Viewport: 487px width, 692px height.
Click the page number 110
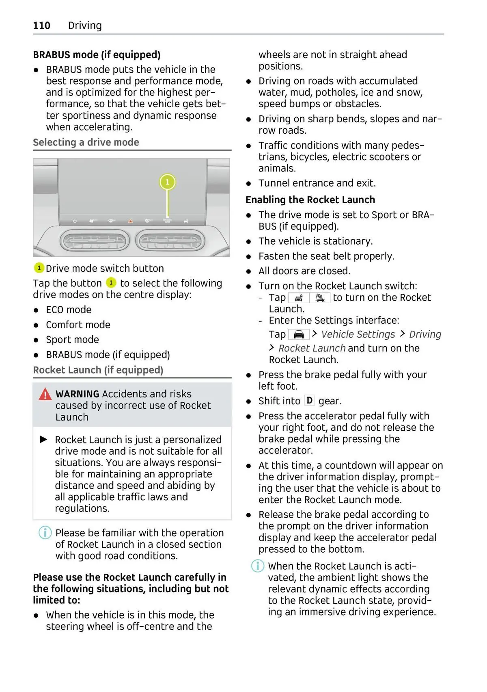41,26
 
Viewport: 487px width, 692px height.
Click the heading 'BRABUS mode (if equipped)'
97,55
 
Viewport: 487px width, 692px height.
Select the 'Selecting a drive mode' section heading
86,142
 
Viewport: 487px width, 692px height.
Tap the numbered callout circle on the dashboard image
167,182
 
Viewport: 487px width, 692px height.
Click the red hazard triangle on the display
131,221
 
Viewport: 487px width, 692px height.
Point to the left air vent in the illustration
95,242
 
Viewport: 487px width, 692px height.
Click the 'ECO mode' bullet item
69,310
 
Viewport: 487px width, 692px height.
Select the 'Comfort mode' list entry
78,325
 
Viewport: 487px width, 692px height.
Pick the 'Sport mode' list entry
72,340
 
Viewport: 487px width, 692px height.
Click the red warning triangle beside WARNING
45,394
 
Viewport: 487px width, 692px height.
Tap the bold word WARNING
77,394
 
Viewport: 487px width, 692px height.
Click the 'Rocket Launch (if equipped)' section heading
98,370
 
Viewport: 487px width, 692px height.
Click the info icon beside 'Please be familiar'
45,533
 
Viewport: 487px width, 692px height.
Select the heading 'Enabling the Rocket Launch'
310,200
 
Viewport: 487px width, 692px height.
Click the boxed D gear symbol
309,401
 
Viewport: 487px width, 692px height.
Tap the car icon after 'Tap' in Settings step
299,334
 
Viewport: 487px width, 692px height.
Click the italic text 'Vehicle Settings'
358,334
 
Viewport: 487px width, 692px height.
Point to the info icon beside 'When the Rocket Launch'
258,566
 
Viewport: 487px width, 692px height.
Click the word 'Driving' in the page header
85,26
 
